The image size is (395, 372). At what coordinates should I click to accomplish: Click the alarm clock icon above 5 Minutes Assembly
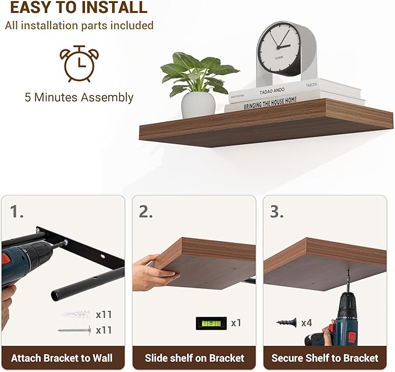click(x=79, y=63)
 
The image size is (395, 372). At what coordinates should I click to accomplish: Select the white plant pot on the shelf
click(x=198, y=105)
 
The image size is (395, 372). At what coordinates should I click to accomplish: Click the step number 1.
click(x=16, y=212)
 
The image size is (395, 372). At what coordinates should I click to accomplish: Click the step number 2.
click(x=145, y=212)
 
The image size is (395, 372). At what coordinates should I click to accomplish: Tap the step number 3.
click(x=276, y=212)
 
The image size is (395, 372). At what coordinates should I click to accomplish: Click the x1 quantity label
click(x=236, y=323)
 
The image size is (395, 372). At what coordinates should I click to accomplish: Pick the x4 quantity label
click(x=307, y=322)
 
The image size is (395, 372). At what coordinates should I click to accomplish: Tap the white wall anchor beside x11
click(x=76, y=315)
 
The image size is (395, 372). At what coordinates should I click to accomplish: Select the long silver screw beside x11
click(x=74, y=330)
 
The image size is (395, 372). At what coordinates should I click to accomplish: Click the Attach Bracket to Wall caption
click(x=62, y=357)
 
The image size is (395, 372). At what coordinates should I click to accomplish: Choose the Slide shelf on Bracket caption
click(x=194, y=357)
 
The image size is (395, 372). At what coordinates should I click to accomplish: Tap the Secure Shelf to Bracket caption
click(x=325, y=357)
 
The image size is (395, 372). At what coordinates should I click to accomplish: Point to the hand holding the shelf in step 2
click(x=150, y=270)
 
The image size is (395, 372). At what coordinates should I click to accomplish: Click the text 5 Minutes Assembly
click(x=79, y=97)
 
